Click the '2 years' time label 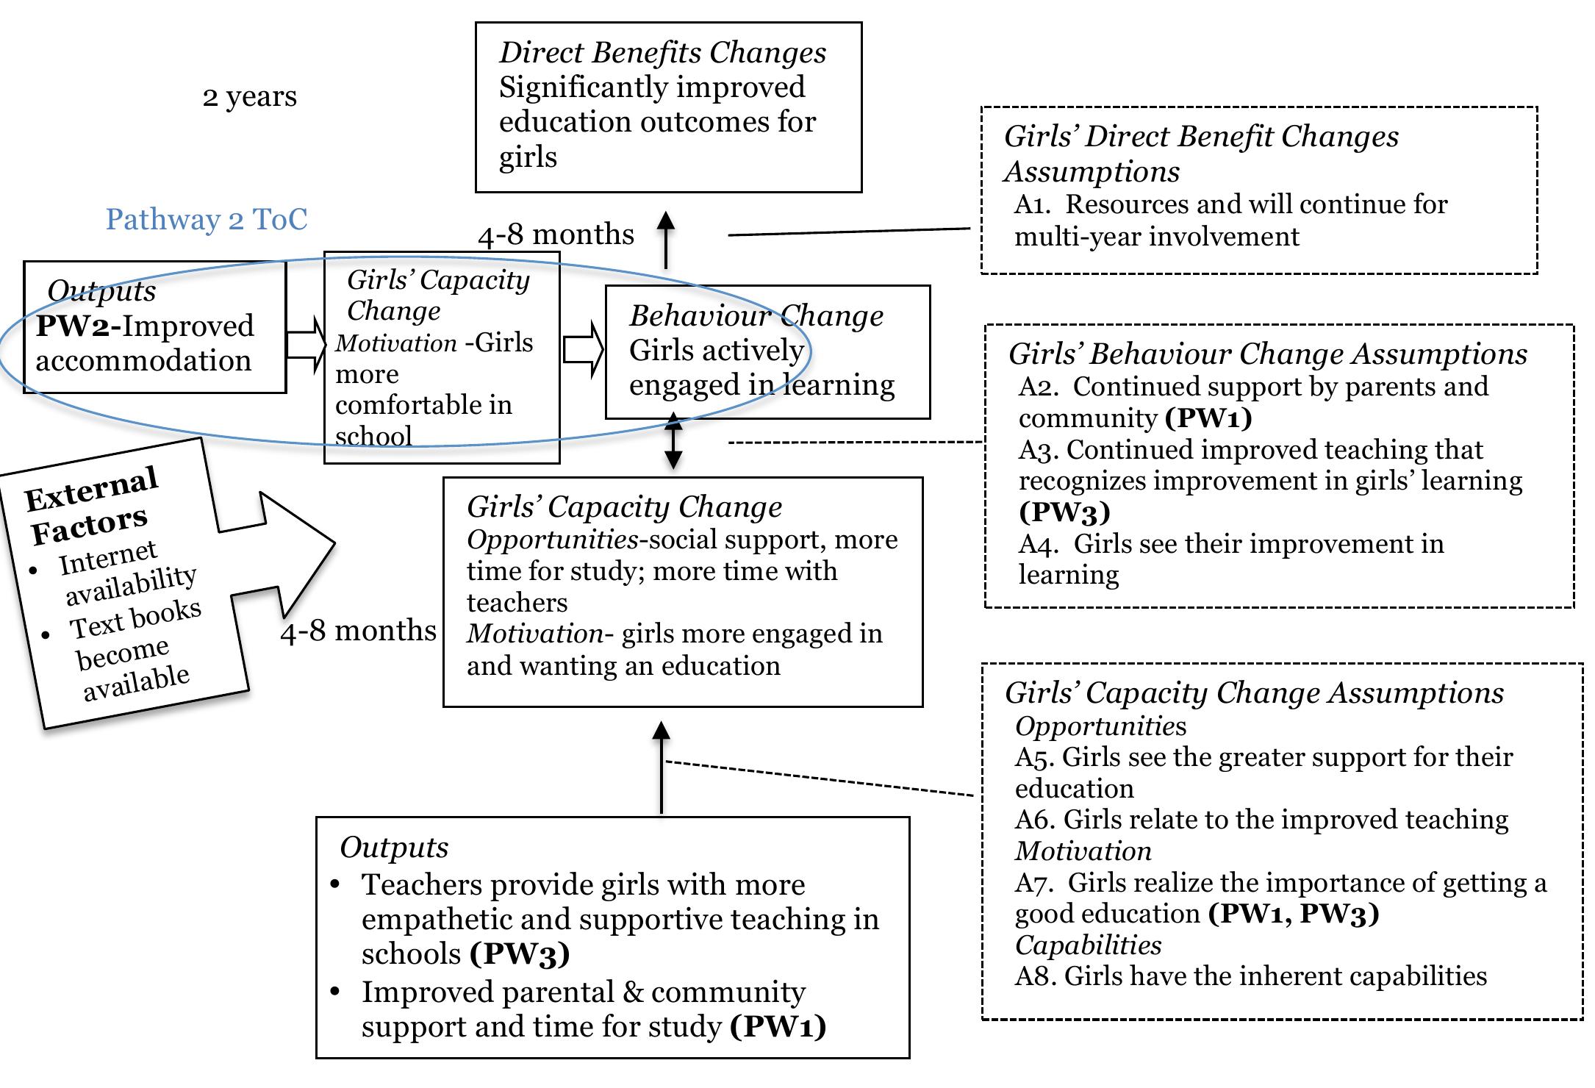point(249,97)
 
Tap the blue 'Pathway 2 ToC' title point(207,220)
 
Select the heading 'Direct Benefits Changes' point(662,53)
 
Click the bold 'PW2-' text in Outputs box point(78,326)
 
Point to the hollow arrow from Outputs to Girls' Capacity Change point(306,345)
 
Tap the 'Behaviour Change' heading point(756,316)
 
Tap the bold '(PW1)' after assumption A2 point(1208,418)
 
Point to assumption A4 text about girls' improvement point(1231,558)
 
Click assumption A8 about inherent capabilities point(1250,976)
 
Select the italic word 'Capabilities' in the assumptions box point(1088,945)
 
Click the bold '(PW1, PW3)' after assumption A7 point(1294,914)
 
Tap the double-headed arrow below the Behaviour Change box point(673,442)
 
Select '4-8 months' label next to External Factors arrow point(358,631)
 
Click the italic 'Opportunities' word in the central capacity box point(552,540)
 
